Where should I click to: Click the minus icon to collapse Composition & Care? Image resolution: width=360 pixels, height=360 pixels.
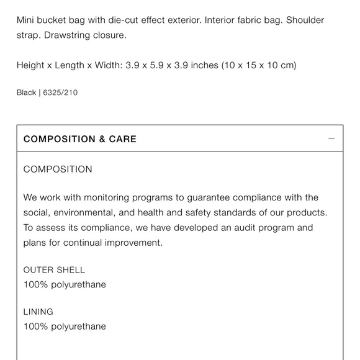pos(331,138)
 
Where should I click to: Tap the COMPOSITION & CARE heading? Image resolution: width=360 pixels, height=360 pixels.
pos(80,139)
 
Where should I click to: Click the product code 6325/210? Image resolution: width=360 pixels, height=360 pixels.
pos(60,93)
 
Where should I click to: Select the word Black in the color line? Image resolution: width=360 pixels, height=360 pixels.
pos(26,93)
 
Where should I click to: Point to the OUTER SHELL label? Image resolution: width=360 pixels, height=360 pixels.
pos(54,270)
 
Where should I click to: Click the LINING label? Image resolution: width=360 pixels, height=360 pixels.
pos(38,312)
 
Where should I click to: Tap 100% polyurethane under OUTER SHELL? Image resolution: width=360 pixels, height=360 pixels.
pos(65,284)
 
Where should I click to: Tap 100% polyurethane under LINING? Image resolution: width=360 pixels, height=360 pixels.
pos(65,326)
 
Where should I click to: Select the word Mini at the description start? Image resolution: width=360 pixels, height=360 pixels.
pos(27,20)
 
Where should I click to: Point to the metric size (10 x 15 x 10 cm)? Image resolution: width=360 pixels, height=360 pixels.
pos(259,65)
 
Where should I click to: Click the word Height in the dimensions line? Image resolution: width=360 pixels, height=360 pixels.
pos(31,65)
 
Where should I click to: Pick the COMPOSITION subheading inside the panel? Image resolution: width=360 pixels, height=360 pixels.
pos(58,169)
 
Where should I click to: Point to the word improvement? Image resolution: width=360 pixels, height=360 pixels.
pos(133,243)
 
